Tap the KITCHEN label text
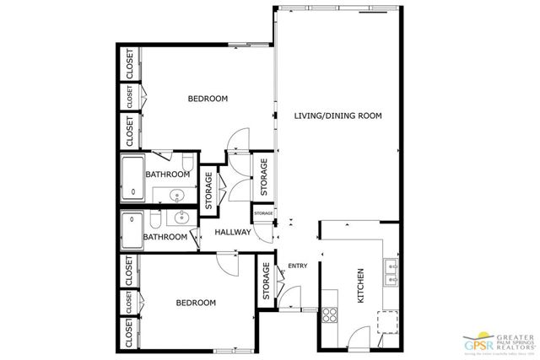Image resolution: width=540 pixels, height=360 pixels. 360,285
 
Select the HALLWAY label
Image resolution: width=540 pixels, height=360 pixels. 233,232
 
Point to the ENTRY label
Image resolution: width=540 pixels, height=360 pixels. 298,266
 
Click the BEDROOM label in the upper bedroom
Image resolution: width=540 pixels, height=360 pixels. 208,99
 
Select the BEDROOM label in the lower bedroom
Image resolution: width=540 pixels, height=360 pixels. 196,302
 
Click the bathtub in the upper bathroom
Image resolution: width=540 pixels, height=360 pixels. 133,178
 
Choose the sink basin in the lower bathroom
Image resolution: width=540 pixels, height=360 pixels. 179,219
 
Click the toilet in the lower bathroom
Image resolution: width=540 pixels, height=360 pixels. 156,220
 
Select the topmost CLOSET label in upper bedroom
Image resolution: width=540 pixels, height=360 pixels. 130,64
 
